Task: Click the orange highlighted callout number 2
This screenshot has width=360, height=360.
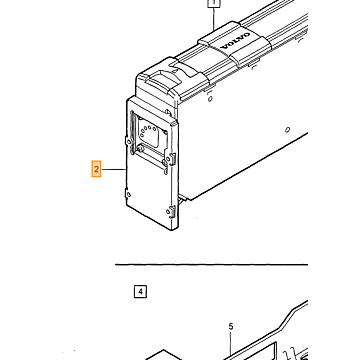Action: pyautogui.click(x=96, y=169)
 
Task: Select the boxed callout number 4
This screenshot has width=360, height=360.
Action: pyautogui.click(x=140, y=292)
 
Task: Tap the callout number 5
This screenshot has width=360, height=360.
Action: pyautogui.click(x=231, y=327)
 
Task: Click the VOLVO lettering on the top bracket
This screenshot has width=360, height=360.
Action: pyautogui.click(x=236, y=41)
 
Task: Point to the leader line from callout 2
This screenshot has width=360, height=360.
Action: pyautogui.click(x=114, y=170)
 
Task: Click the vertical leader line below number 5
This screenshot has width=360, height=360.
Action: pyautogui.click(x=231, y=345)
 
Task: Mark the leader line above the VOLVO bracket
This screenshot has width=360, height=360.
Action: pyautogui.click(x=213, y=18)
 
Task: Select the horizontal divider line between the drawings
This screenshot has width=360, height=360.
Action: pyautogui.click(x=211, y=265)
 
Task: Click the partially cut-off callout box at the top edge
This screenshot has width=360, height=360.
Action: pyautogui.click(x=213, y=3)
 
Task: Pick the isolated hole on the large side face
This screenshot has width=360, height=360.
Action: pyautogui.click(x=287, y=129)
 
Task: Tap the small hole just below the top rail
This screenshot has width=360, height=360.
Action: pyautogui.click(x=210, y=99)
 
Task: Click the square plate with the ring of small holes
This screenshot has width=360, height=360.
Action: pyautogui.click(x=151, y=132)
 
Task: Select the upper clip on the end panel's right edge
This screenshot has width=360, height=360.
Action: pyautogui.click(x=172, y=158)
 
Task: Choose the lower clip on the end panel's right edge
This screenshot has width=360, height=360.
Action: pyautogui.click(x=172, y=211)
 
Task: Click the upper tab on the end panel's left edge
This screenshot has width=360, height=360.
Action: pyautogui.click(x=128, y=141)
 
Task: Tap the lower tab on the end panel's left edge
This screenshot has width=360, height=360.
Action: pyautogui.click(x=128, y=194)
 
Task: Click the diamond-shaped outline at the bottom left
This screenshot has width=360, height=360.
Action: pyautogui.click(x=164, y=355)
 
